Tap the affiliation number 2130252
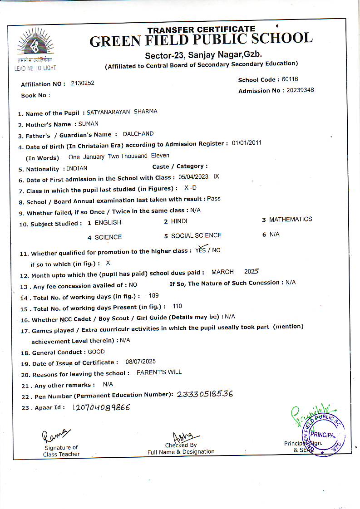point(83,83)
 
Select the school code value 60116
point(290,79)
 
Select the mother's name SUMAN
point(88,123)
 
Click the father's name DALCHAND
point(138,134)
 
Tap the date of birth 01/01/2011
point(247,143)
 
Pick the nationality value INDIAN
point(77,168)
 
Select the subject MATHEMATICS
point(291,220)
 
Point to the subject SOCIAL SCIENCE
point(196,235)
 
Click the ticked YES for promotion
point(200,250)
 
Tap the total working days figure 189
point(153,296)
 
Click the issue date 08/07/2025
point(140,362)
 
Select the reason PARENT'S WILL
point(159,372)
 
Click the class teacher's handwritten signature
point(56,435)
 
